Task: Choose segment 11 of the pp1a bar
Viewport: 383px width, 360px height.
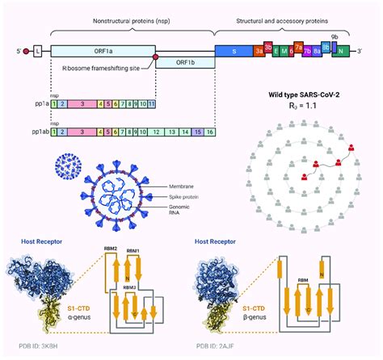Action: tap(150, 104)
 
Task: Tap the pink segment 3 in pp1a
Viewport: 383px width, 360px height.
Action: tap(82, 104)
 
